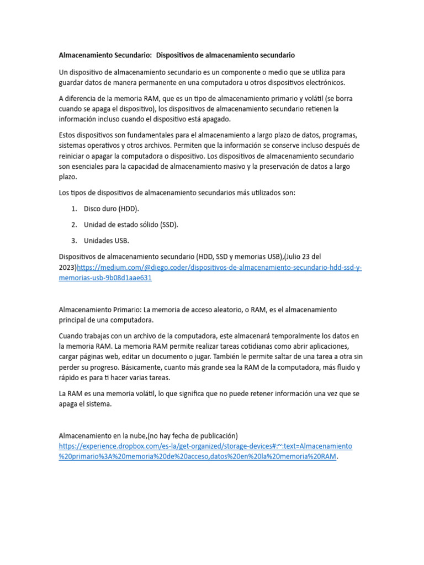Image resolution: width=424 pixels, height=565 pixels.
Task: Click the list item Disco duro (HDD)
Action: (x=112, y=209)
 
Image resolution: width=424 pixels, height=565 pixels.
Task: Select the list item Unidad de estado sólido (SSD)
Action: (x=131, y=225)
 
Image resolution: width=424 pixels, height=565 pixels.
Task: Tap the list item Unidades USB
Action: (x=106, y=241)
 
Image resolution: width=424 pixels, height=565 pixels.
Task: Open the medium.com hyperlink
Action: (x=219, y=268)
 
